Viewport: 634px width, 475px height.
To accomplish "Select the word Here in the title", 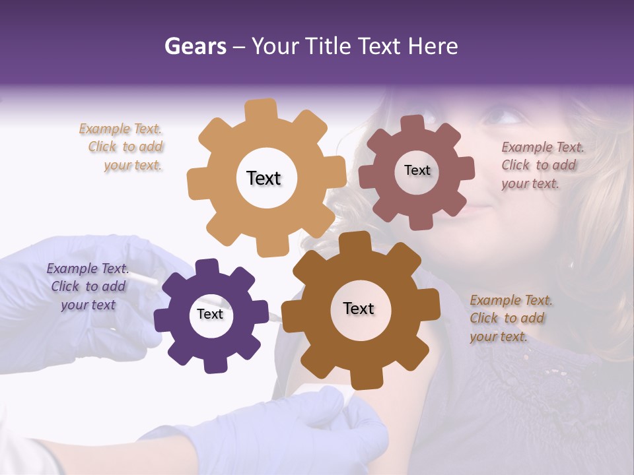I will click(x=433, y=46).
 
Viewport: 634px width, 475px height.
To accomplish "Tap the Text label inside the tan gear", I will click(x=264, y=178).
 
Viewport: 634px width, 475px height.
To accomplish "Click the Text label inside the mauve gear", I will click(x=417, y=170).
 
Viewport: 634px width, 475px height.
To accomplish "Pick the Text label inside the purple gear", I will click(x=210, y=314).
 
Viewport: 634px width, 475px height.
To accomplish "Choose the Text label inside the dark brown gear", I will click(x=359, y=308).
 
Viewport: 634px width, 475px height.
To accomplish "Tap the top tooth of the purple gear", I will click(x=207, y=268).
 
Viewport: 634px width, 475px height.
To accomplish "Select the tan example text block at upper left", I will click(x=122, y=147).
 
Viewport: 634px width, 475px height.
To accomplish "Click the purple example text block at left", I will click(x=88, y=286).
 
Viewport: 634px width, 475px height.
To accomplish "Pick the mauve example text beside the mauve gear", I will click(x=542, y=166).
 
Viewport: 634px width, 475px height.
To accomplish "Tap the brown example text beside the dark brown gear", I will click(x=511, y=318).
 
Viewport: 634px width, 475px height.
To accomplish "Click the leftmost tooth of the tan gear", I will click(x=197, y=181).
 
